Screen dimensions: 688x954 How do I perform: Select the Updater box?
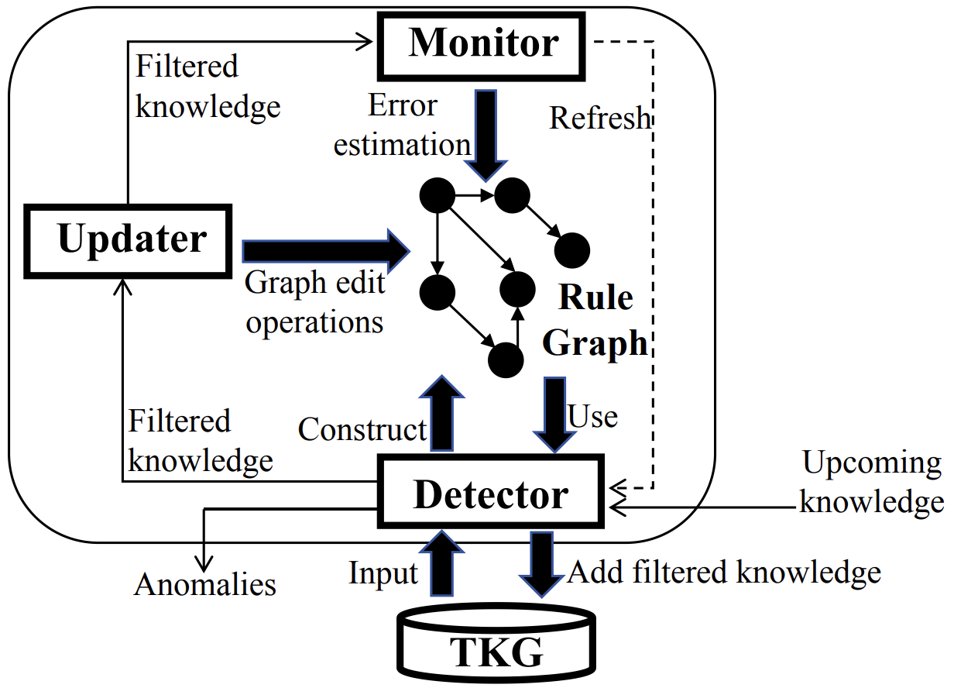coord(129,241)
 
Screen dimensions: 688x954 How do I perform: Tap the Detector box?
coord(489,494)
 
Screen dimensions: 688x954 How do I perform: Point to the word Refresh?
coord(600,119)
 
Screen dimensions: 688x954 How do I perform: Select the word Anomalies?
coord(205,584)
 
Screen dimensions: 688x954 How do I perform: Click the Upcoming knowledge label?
coord(871,482)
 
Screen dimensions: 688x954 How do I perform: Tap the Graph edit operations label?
coord(314,302)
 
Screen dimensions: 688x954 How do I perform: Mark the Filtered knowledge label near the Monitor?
coord(207,86)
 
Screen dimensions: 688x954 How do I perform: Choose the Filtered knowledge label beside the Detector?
coord(200,441)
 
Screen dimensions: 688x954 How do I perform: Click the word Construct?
coord(362,429)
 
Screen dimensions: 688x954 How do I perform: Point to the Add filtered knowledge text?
coord(724,573)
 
